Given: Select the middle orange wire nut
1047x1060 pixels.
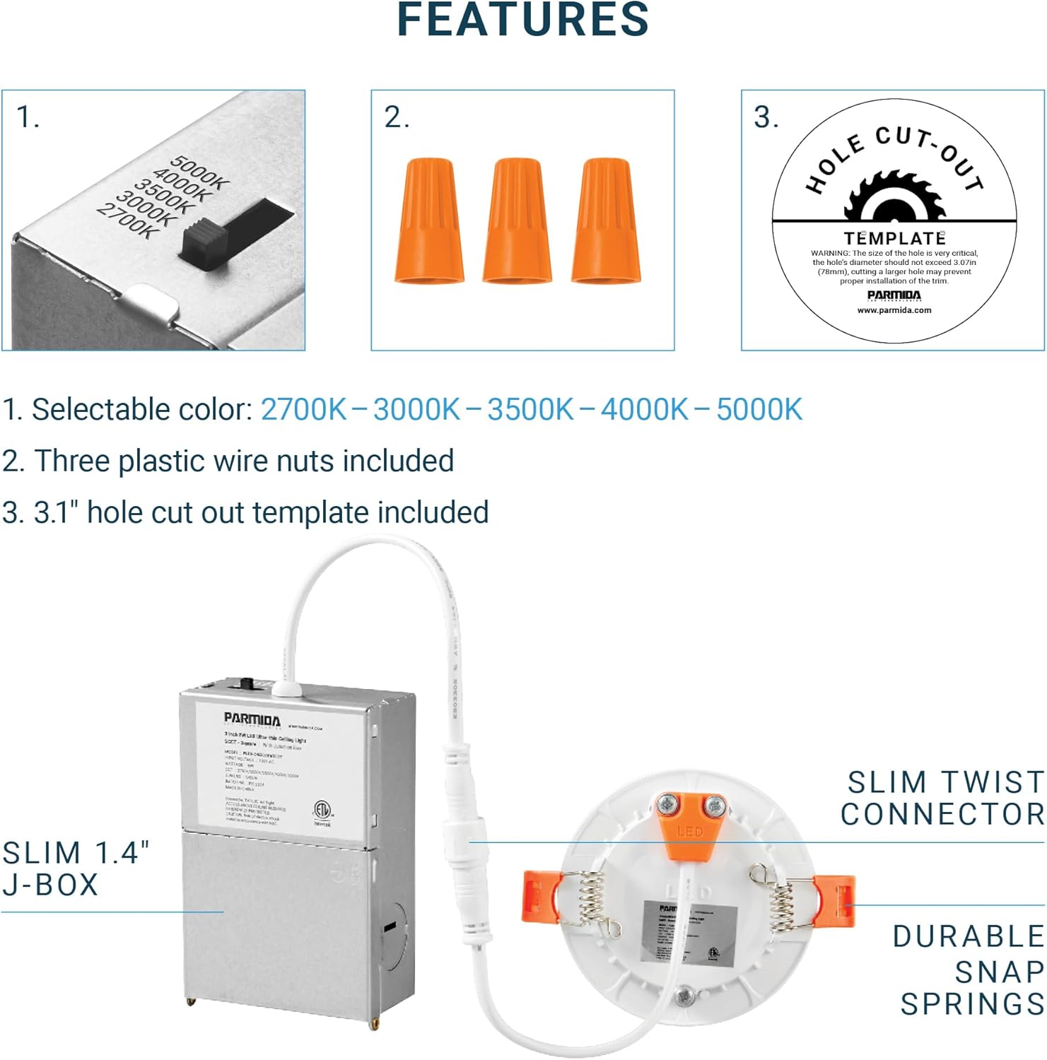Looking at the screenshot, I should [x=517, y=220].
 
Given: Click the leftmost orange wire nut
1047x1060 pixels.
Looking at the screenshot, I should [x=429, y=220].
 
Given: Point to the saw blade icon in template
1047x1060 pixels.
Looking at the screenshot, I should [x=894, y=198].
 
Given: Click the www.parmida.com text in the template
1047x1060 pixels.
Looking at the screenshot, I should [x=894, y=310].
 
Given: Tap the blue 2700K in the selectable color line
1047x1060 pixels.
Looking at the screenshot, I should [x=304, y=410].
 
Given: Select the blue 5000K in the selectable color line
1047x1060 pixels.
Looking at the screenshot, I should [x=759, y=410].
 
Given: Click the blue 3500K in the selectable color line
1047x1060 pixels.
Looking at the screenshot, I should [x=530, y=410].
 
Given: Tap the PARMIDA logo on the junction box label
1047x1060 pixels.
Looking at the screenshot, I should [x=252, y=720].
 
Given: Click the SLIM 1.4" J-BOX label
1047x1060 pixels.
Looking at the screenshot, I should [x=74, y=868].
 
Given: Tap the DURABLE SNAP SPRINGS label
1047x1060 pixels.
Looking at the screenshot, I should [x=969, y=970].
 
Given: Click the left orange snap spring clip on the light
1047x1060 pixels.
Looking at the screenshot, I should [x=540, y=896].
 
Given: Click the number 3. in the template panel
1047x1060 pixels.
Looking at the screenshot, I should [x=766, y=117].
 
